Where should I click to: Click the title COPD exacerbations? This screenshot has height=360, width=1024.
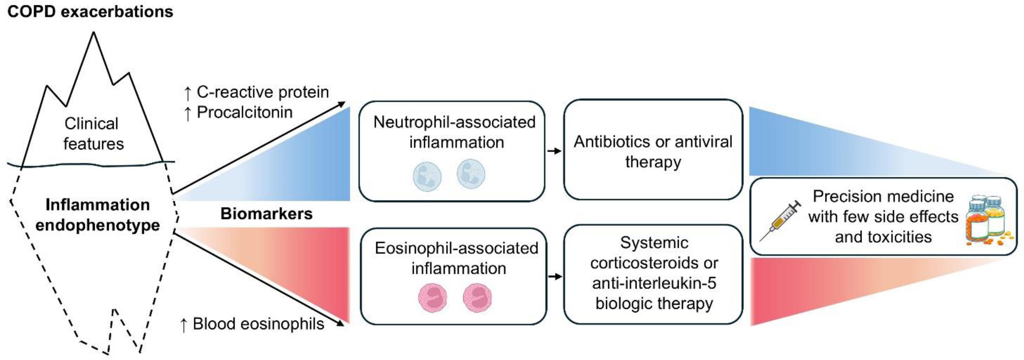(x=90, y=12)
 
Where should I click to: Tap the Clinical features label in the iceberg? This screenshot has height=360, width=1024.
(x=93, y=133)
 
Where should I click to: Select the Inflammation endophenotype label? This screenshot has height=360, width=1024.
(x=97, y=215)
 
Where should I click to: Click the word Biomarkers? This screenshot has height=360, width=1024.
(x=266, y=214)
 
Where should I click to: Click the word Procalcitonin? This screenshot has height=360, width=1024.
(x=245, y=112)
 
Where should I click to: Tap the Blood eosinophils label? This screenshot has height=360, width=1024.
(x=258, y=324)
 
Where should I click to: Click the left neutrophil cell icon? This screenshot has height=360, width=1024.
(x=427, y=176)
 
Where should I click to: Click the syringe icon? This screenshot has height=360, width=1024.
(x=780, y=220)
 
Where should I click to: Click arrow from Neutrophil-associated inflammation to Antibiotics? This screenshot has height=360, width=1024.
(x=554, y=151)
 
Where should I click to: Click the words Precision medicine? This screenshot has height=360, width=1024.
(x=883, y=196)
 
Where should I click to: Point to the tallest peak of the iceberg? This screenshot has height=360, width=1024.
(x=94, y=33)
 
